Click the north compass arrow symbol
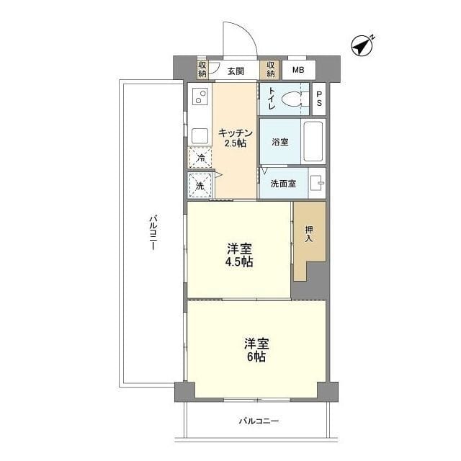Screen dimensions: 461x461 tap(362, 46)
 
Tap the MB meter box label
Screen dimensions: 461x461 tap(298, 70)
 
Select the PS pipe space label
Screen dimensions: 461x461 tap(319, 99)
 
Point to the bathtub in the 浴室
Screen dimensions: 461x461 tap(313, 141)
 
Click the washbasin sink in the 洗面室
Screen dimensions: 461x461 tap(317, 183)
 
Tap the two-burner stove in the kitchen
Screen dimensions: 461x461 tap(200, 97)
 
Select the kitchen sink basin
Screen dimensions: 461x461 tap(200, 136)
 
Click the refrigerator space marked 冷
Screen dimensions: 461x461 tap(200, 158)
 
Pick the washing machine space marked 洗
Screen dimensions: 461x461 tap(200, 186)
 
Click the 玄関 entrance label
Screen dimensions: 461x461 tap(236, 71)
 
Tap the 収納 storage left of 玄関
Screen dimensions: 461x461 tap(202, 70)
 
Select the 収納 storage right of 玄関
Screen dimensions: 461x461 tap(271, 70)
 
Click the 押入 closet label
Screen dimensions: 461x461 tap(309, 234)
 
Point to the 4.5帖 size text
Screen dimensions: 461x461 tap(239, 262)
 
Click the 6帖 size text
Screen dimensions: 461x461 tap(256, 357)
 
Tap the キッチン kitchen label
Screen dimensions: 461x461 tap(236, 133)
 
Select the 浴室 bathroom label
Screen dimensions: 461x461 tap(280, 142)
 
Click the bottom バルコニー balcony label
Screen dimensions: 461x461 tap(259, 421)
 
